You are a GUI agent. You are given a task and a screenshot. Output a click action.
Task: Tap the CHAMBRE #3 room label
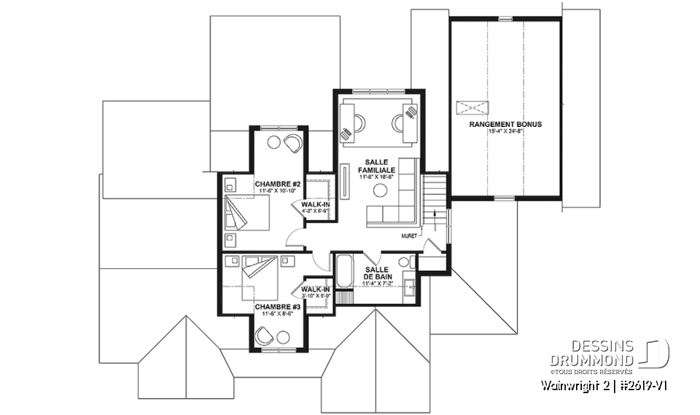pyautogui.click(x=273, y=308)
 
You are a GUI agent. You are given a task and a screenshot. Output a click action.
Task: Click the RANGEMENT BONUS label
pyautogui.click(x=505, y=125)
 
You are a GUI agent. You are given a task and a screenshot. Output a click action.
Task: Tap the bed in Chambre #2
pyautogui.click(x=246, y=212)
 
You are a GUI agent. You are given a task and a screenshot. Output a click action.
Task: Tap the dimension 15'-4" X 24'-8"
pyautogui.click(x=505, y=132)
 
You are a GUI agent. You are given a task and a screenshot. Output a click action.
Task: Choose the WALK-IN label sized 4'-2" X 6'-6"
pyautogui.click(x=315, y=207)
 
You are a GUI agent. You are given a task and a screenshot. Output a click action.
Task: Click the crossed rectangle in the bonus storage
pyautogui.click(x=471, y=109)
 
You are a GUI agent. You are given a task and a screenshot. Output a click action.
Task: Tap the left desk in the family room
pyautogui.click(x=348, y=120)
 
